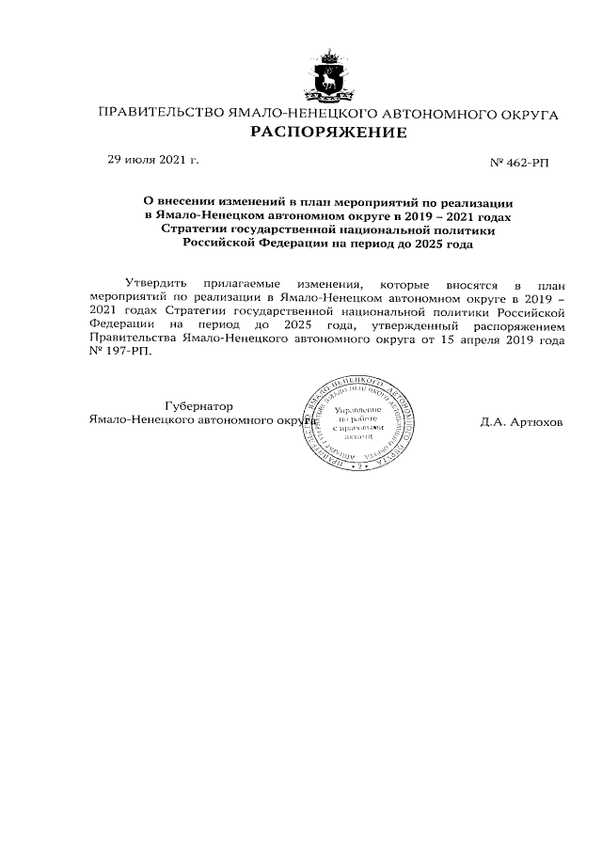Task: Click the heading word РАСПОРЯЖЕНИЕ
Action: coord(328,133)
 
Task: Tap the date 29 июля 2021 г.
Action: coord(152,161)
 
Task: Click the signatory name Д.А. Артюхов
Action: coord(520,422)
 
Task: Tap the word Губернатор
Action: coord(198,405)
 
